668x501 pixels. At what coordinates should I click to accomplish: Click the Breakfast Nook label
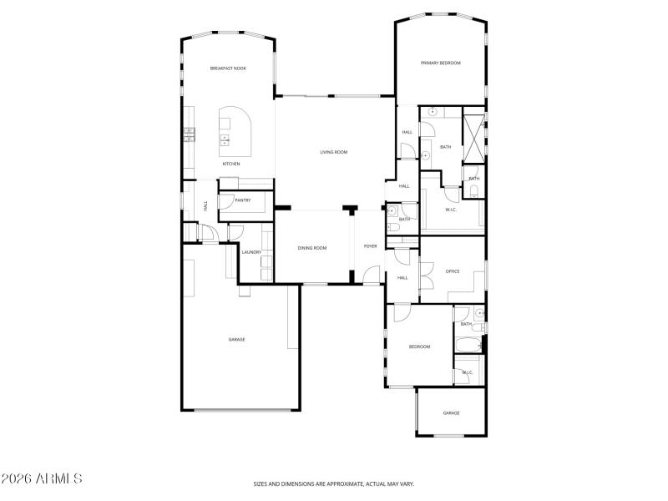click(227, 68)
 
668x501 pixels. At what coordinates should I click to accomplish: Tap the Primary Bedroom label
click(440, 63)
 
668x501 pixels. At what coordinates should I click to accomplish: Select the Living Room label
click(334, 152)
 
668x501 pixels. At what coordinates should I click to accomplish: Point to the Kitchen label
click(231, 164)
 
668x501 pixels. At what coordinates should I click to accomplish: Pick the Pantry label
click(243, 200)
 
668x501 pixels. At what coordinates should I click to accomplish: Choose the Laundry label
click(251, 252)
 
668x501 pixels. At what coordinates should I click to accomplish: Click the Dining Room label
click(313, 248)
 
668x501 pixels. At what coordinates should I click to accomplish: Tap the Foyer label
click(370, 246)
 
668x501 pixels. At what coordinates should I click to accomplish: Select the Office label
click(453, 271)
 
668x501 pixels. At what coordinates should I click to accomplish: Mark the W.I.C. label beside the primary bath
click(451, 210)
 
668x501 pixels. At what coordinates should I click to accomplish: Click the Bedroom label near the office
click(419, 347)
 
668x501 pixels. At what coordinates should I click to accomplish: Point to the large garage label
click(237, 339)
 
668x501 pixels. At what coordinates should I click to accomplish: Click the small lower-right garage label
click(451, 413)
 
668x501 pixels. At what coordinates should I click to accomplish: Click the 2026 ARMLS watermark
click(42, 479)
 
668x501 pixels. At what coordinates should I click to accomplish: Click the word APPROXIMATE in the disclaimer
click(345, 483)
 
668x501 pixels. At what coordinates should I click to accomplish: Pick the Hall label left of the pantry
click(205, 205)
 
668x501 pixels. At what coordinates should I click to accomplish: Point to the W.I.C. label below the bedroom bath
click(468, 372)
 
